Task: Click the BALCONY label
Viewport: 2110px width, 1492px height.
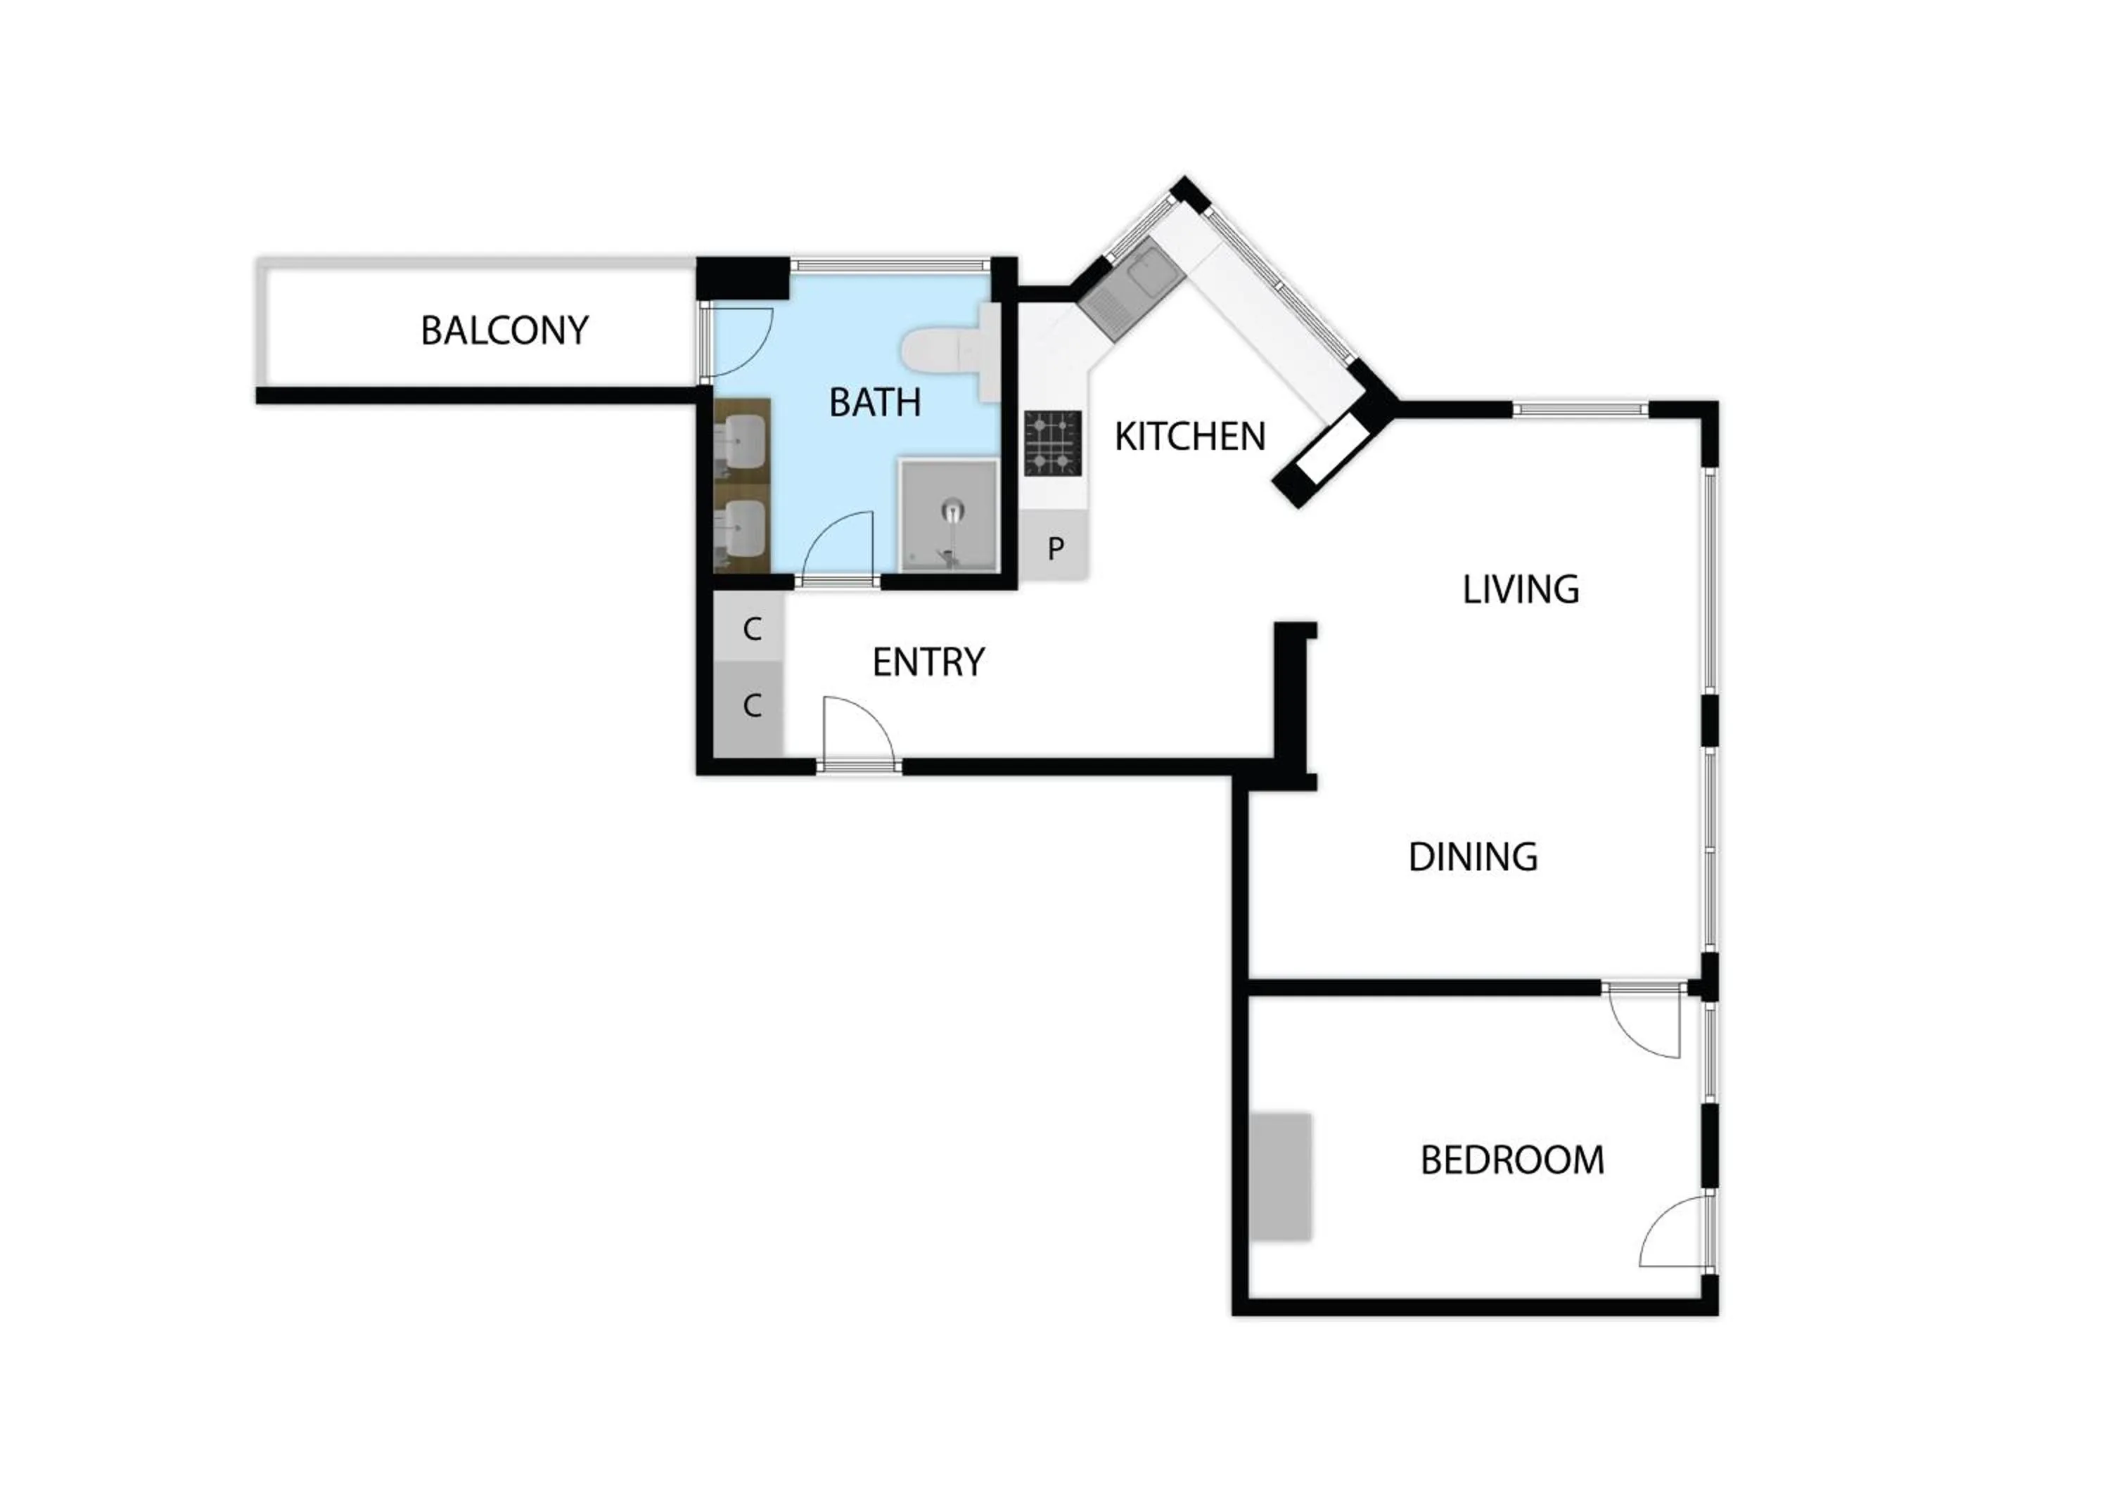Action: point(504,330)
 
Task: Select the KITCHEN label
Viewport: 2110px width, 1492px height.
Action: point(1189,437)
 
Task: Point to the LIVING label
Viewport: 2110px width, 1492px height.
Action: point(1520,589)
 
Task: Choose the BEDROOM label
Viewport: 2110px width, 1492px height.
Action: point(1511,1159)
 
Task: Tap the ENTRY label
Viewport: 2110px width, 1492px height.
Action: point(928,662)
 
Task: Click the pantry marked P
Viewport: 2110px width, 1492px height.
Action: point(1055,548)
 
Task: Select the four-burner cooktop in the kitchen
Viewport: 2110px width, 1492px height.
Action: point(1052,443)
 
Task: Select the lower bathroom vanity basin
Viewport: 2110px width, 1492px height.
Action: point(743,530)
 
